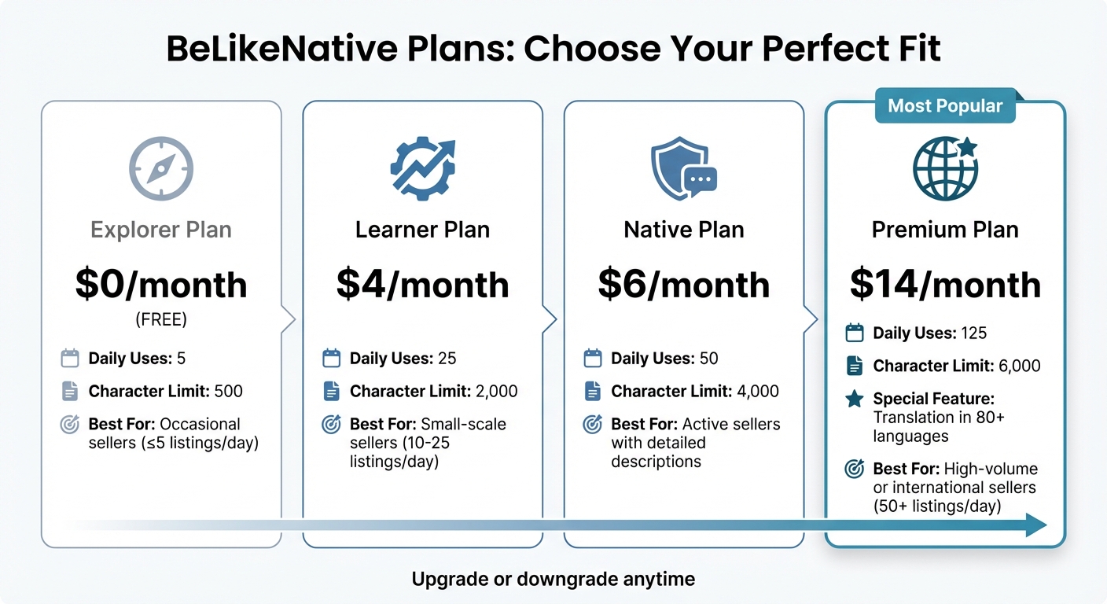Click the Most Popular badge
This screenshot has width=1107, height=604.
(945, 106)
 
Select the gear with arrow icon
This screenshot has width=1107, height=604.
(422, 168)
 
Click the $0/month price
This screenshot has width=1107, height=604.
(161, 284)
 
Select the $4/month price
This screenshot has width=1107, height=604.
(422, 284)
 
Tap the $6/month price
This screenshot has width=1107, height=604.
(683, 284)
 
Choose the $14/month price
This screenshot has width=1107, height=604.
(945, 284)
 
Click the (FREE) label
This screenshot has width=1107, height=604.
(161, 320)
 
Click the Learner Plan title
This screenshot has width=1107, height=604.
(422, 230)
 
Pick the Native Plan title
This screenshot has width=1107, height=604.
(683, 230)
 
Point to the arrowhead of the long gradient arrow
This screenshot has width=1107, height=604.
(1036, 525)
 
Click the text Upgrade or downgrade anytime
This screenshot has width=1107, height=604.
(553, 580)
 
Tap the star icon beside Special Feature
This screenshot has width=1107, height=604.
(854, 399)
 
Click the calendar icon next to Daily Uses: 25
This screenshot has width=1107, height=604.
(331, 359)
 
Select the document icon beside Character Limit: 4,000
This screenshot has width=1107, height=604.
(592, 391)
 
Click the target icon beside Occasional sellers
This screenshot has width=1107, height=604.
(70, 425)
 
